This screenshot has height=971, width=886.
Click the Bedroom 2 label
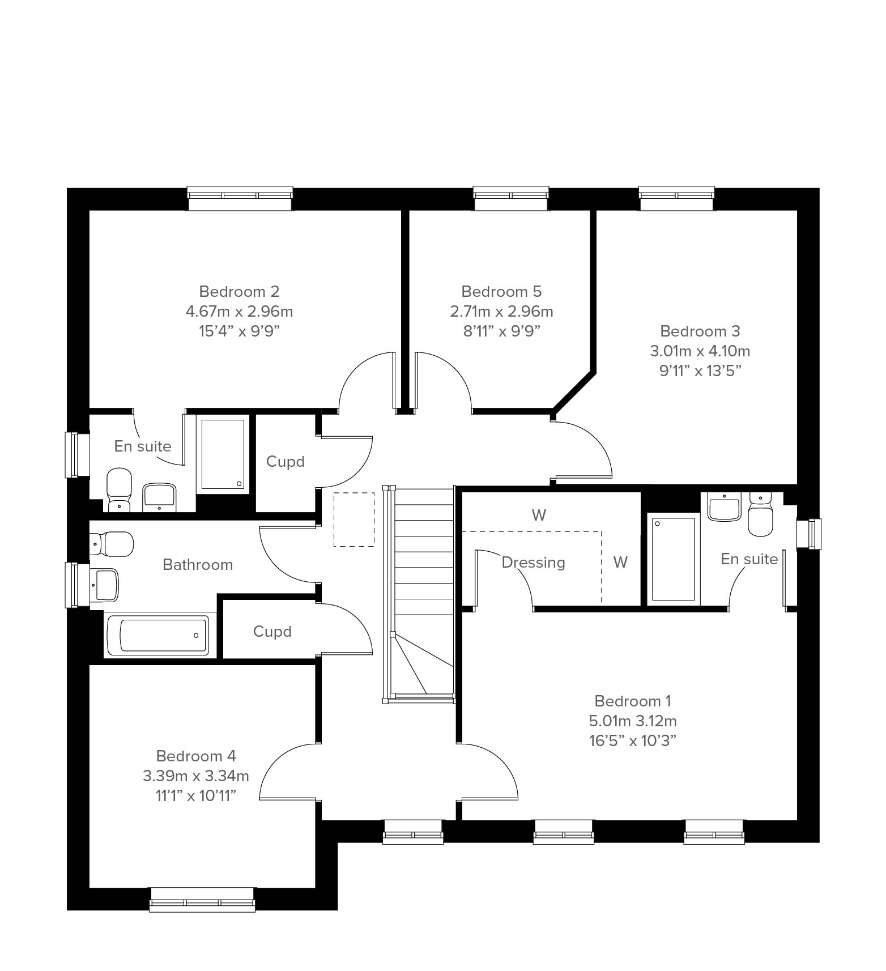[239, 292]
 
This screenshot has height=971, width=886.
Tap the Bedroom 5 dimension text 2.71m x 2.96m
[501, 312]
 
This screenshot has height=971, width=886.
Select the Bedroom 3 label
[700, 331]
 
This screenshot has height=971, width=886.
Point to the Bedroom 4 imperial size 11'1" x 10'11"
[195, 796]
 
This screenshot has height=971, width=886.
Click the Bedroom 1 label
[633, 701]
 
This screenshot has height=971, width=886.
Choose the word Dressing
[533, 563]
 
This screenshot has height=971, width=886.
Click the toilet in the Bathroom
[111, 544]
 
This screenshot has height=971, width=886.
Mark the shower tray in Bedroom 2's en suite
[223, 454]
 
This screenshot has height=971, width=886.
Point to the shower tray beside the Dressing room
[673, 559]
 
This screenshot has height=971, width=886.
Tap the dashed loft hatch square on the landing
[354, 519]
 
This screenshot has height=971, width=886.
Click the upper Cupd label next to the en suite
[286, 462]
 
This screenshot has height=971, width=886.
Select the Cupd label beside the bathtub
[272, 632]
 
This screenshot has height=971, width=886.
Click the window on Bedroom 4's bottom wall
[202, 900]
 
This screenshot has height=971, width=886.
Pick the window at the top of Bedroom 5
[512, 198]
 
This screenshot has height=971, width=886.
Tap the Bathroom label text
[198, 565]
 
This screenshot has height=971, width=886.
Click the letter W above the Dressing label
[539, 516]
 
